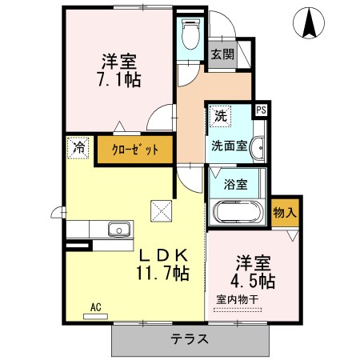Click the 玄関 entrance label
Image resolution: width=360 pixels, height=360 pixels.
222,54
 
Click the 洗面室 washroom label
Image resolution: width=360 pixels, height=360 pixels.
228,146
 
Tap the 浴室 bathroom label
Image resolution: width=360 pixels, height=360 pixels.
235,184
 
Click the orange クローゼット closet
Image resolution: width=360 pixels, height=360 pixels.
134,150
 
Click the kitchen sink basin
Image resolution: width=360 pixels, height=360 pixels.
120,231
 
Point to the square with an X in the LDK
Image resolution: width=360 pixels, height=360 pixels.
161,210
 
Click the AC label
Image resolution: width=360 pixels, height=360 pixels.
95,306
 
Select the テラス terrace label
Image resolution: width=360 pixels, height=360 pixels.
189,338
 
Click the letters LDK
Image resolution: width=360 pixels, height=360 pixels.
165,255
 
